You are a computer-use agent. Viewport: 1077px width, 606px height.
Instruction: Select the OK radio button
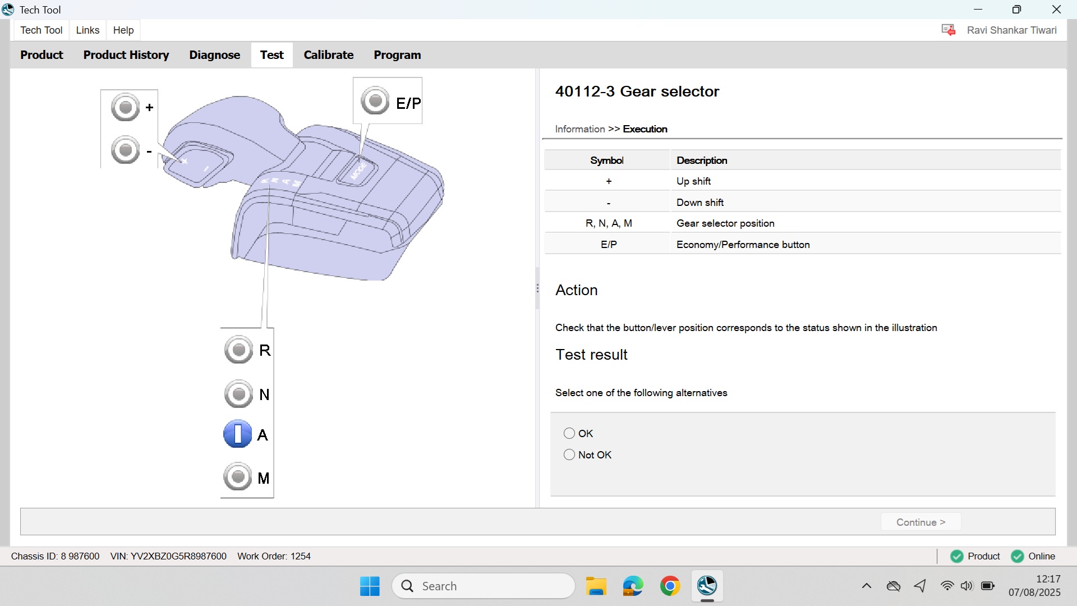[569, 433]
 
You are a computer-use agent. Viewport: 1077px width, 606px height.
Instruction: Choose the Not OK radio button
[569, 454]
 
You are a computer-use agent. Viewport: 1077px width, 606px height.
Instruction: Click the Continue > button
[920, 522]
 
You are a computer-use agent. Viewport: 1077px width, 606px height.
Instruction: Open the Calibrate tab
[328, 55]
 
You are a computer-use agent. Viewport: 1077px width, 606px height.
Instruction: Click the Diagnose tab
[214, 55]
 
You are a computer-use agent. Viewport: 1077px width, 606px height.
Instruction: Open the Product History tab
[126, 55]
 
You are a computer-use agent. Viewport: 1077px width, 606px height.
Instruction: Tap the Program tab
[397, 55]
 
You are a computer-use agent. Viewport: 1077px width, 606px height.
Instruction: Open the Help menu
[123, 30]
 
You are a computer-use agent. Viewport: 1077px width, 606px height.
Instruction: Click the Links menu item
[88, 30]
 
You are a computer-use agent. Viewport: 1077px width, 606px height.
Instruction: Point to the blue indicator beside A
[238, 434]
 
